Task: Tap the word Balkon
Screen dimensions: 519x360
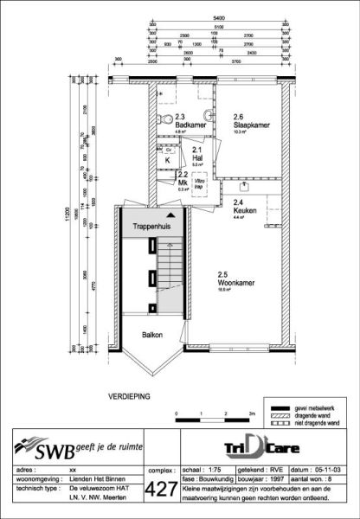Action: [x=144, y=335]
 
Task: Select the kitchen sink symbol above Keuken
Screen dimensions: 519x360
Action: [x=243, y=185]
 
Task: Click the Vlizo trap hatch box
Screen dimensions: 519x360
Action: [x=199, y=183]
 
